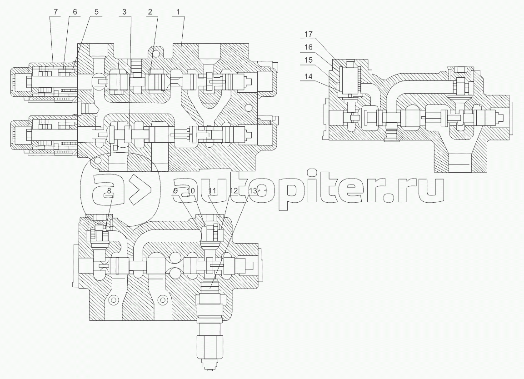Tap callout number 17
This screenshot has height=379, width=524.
(309, 34)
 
